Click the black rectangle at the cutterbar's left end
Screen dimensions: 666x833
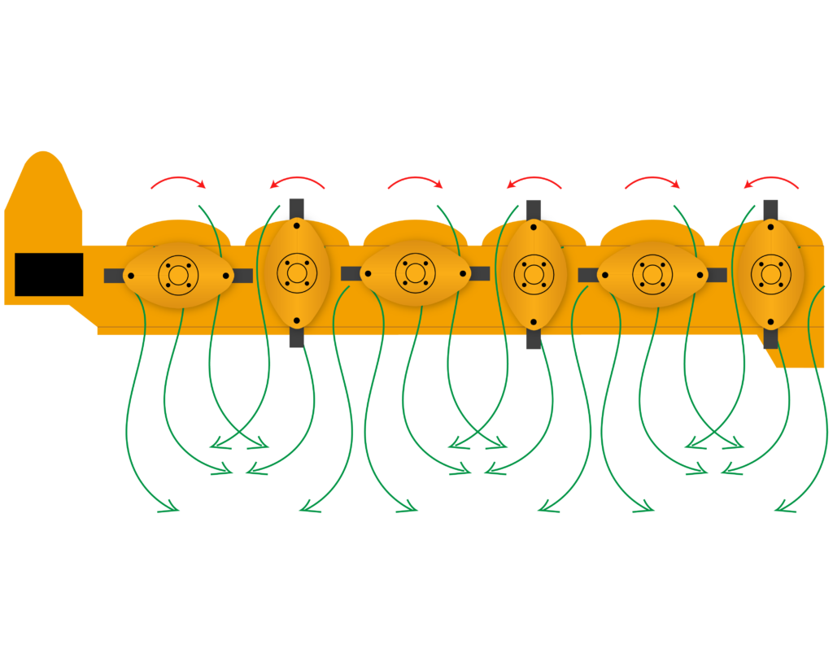pos(49,274)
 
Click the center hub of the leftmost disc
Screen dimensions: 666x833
pos(178,274)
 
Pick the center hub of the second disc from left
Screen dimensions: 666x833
pos(297,274)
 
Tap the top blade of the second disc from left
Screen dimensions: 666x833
pos(297,208)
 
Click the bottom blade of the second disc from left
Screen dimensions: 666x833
pos(297,338)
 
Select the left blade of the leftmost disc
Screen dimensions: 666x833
pos(113,276)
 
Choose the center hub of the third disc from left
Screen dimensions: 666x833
pos(416,274)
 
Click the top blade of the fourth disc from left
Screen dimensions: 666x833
pos(534,209)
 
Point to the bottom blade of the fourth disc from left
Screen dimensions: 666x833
pos(534,339)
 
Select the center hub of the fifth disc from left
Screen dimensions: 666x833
pos(652,274)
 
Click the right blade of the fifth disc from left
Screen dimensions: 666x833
pos(717,275)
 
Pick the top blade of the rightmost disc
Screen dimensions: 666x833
pos(770,208)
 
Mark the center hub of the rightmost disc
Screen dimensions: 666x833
pos(770,274)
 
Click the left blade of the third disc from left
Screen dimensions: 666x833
pos(351,274)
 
